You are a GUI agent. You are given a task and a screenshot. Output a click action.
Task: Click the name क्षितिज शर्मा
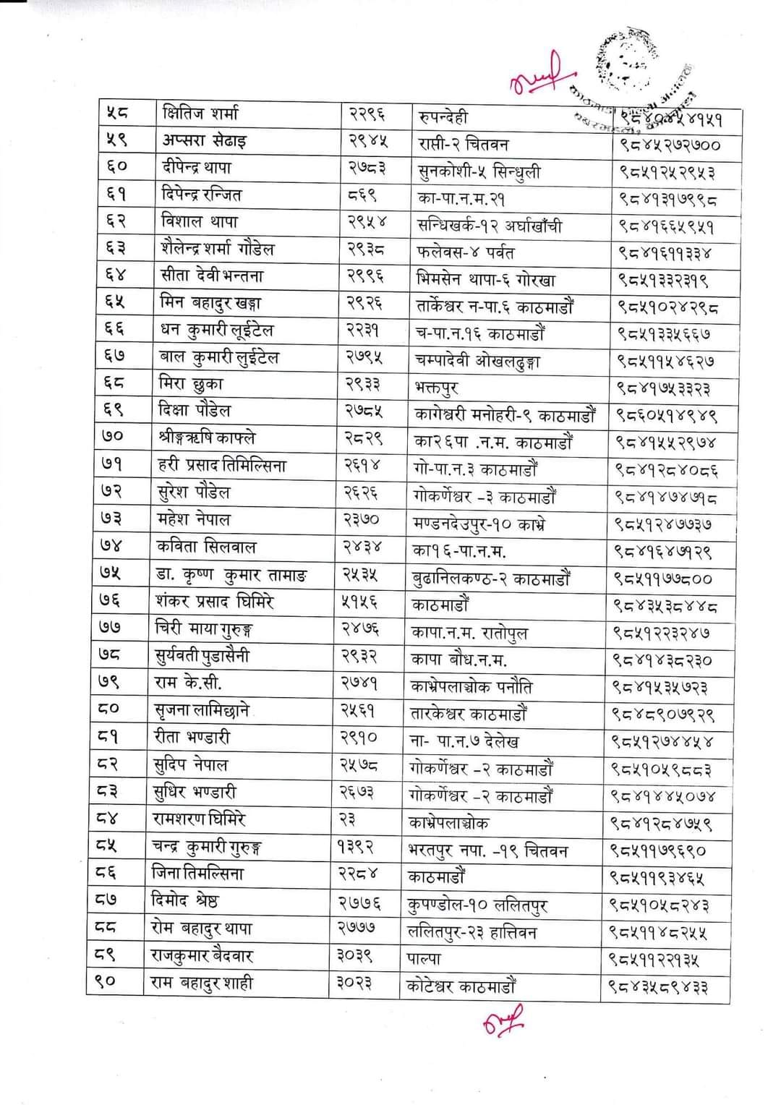[200, 114]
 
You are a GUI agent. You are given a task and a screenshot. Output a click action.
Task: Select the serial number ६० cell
[117, 167]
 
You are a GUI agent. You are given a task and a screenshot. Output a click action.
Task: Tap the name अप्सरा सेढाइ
[204, 140]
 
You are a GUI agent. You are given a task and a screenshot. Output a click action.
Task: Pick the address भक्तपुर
[438, 388]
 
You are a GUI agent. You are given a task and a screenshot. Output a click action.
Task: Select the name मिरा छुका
[191, 383]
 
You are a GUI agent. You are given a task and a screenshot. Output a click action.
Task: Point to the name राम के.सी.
[189, 683]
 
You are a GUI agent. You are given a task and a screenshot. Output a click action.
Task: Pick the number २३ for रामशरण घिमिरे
[347, 820]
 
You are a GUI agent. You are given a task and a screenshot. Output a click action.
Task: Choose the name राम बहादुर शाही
[202, 984]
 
